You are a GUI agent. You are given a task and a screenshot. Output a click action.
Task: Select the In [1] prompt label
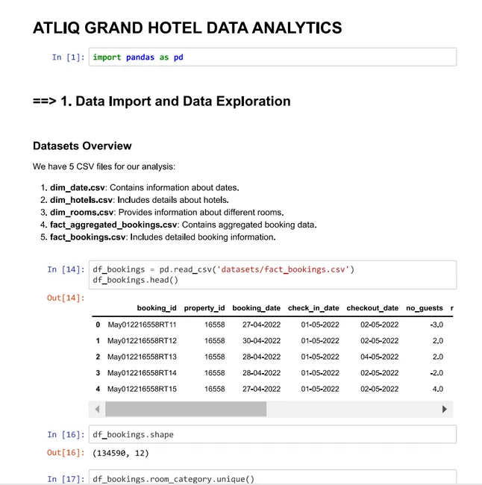click(x=67, y=57)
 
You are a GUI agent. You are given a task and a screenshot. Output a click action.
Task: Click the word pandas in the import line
click(x=140, y=57)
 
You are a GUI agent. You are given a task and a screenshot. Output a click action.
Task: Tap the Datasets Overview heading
click(x=82, y=145)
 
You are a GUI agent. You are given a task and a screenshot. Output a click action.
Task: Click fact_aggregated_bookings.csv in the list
click(x=113, y=225)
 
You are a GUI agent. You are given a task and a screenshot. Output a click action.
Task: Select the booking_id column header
click(x=157, y=307)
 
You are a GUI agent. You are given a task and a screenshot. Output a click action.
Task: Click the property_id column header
click(x=204, y=307)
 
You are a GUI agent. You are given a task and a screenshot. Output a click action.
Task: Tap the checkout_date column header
click(x=372, y=307)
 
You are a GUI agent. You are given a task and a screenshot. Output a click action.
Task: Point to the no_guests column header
click(x=424, y=307)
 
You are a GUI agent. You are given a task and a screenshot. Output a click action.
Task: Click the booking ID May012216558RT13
click(x=142, y=357)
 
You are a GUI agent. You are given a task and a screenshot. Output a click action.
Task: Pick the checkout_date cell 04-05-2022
click(x=379, y=357)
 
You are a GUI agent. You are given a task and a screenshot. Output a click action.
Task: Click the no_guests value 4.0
click(x=437, y=389)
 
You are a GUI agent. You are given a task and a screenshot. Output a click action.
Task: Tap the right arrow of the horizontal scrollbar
click(x=445, y=409)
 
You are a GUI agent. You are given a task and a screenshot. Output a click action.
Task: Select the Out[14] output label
click(x=66, y=298)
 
